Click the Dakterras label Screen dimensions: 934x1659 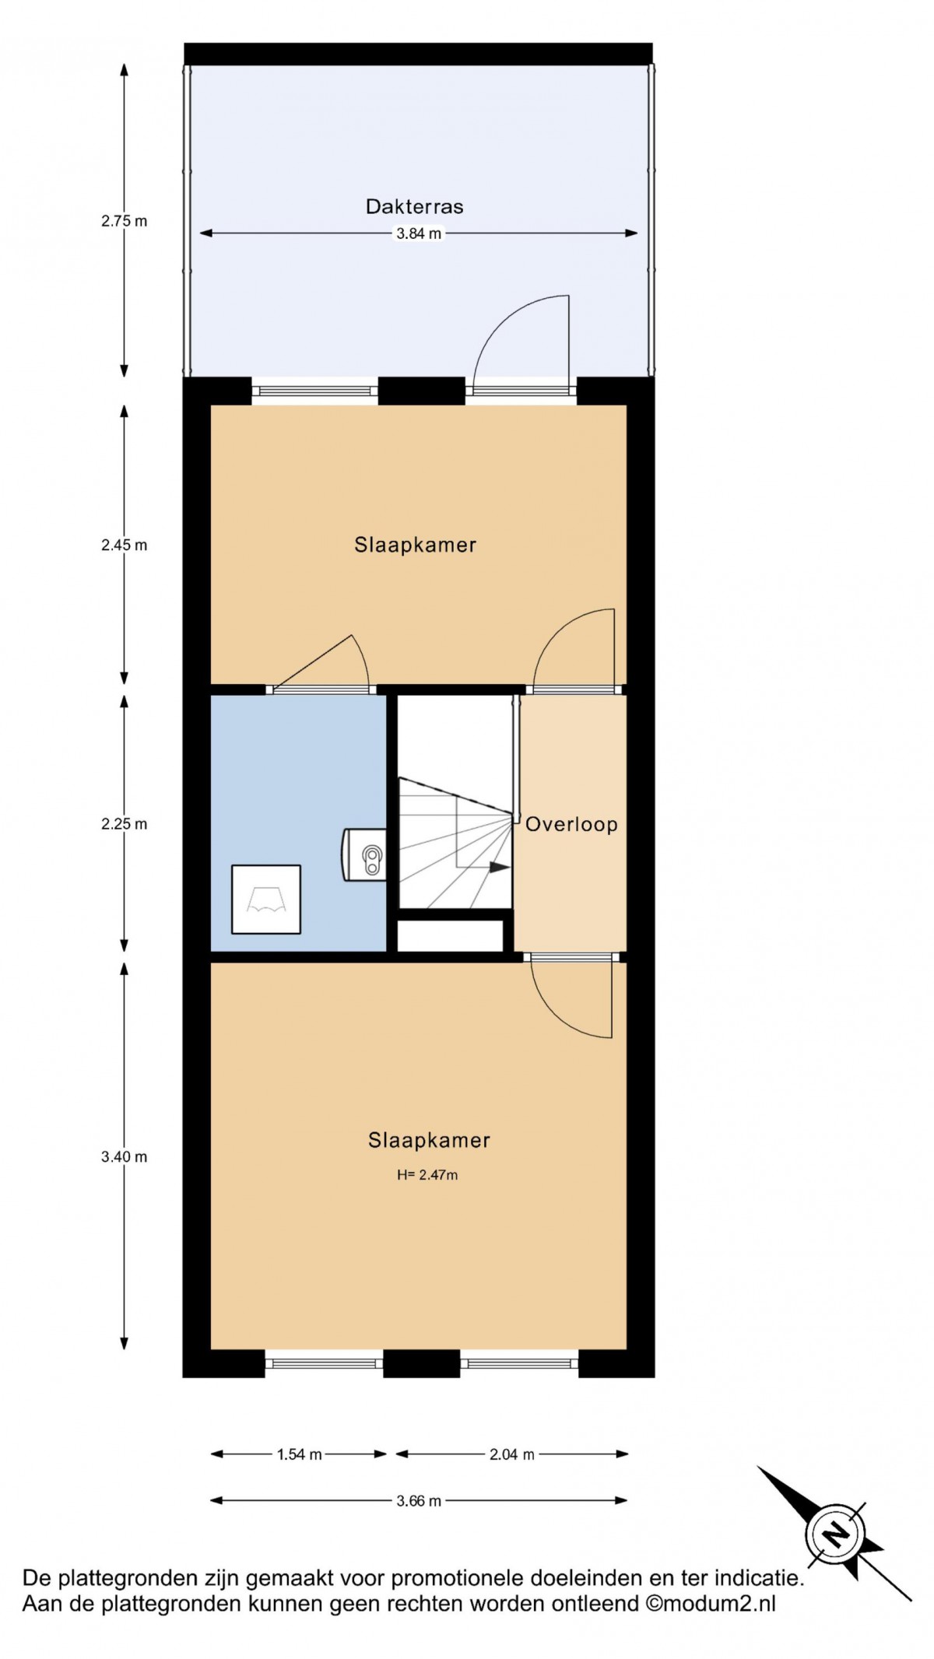point(415,207)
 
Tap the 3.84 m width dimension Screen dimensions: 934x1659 point(419,233)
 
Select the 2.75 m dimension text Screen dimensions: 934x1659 point(124,221)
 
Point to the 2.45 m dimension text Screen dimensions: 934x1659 point(124,545)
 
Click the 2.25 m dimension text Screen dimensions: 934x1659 point(124,824)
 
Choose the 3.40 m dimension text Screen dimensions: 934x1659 point(124,1157)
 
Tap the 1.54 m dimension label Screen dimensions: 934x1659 point(300,1454)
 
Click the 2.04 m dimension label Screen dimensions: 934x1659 point(512,1454)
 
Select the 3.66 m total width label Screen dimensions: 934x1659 point(419,1501)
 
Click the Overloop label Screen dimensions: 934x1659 point(571,825)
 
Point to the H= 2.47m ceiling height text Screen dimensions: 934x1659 point(427,1175)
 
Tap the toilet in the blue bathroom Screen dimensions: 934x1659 point(365,854)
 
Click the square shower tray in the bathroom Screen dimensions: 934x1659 point(266,899)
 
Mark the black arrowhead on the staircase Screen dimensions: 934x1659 point(500,867)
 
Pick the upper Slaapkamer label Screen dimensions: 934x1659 point(415,545)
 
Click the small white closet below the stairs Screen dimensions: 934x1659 point(451,935)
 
